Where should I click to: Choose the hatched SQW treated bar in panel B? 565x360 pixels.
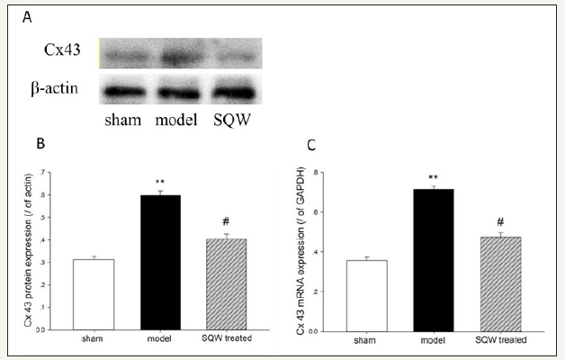pos(225,284)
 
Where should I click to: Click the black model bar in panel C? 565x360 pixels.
pos(435,260)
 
